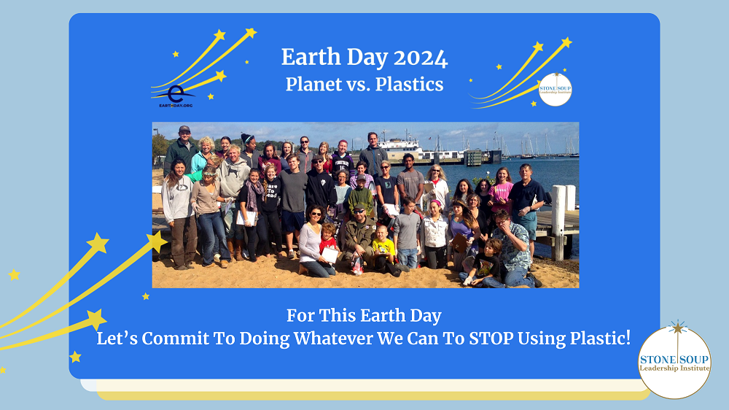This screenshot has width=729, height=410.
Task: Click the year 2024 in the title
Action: click(421, 57)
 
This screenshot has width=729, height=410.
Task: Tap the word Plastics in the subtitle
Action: click(410, 84)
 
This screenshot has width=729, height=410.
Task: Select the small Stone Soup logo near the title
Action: click(555, 89)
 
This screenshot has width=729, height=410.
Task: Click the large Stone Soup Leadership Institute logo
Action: click(674, 361)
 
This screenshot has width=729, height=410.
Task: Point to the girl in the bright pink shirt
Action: click(501, 191)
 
